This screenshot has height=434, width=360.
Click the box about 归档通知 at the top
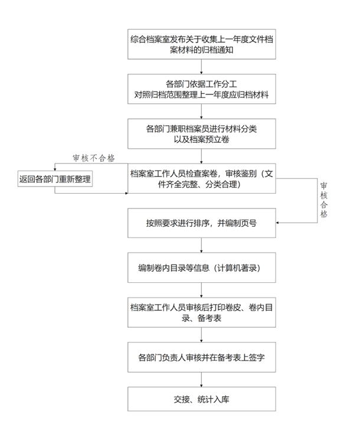tap(201, 44)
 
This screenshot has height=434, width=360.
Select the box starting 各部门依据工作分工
tap(201, 89)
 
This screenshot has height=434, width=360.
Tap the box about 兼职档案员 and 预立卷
tap(201, 134)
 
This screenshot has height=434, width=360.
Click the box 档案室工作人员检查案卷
tap(201, 178)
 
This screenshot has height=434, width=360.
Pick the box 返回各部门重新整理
tap(55, 179)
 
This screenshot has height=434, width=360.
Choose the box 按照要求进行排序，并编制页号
tap(201, 223)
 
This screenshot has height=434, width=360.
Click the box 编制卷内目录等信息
tap(201, 267)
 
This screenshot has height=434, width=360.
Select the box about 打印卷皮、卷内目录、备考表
tap(201, 312)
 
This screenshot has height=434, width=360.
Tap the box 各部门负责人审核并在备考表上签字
tap(201, 357)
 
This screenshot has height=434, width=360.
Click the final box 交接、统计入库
tap(201, 399)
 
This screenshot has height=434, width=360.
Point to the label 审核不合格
tap(94, 158)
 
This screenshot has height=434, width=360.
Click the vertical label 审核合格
tap(324, 200)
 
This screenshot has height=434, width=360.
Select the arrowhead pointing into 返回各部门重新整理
tap(55, 169)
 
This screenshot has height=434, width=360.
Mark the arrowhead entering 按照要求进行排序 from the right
tap(277, 223)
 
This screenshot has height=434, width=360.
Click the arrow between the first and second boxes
tap(201, 67)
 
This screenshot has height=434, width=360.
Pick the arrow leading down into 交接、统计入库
tap(201, 380)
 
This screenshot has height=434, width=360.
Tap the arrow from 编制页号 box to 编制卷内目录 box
tap(201, 245)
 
